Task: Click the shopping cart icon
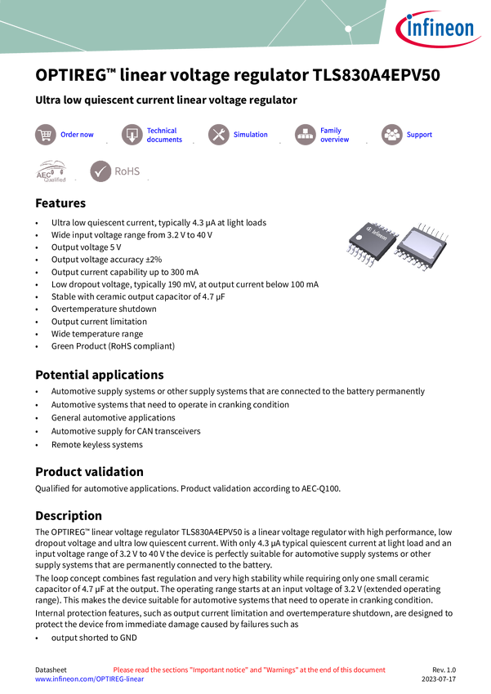pyautogui.click(x=45, y=135)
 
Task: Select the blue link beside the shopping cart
pyautogui.click(x=78, y=135)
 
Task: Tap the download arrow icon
pyautogui.click(x=132, y=135)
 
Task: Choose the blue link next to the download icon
pyautogui.click(x=164, y=135)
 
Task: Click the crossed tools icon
pyautogui.click(x=218, y=135)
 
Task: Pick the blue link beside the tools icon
pyautogui.click(x=250, y=135)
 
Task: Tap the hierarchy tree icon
pyautogui.click(x=305, y=135)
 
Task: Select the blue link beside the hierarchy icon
pyautogui.click(x=335, y=135)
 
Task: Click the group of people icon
pyautogui.click(x=391, y=135)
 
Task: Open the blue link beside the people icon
pyautogui.click(x=420, y=135)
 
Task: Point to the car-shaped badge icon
pyautogui.click(x=51, y=171)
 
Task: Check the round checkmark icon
pyautogui.click(x=100, y=171)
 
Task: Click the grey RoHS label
pyautogui.click(x=128, y=171)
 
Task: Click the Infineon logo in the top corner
pyautogui.click(x=440, y=30)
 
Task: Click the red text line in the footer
pyautogui.click(x=248, y=670)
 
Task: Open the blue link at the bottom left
pyautogui.click(x=89, y=679)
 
